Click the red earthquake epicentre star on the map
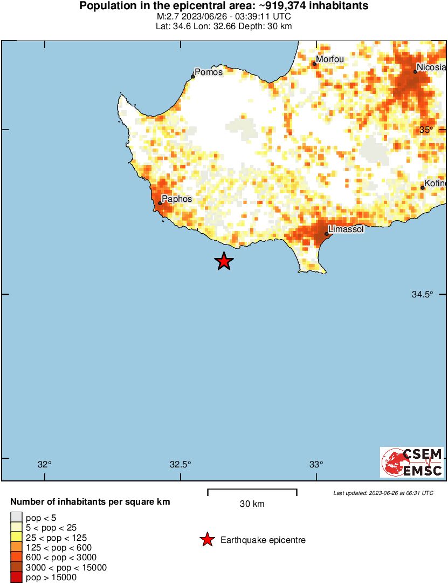coord(224,261)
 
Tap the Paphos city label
coord(177,199)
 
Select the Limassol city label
coord(346,229)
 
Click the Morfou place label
coord(330,59)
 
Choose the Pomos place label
coord(209,72)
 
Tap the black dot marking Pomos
coord(193,76)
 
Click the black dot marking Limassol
coord(327,234)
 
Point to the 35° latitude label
coord(426,130)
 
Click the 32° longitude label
coord(45,465)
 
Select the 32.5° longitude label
coord(181,465)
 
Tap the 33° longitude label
coord(316,465)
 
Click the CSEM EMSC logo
coord(412,462)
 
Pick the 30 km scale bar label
coord(252,504)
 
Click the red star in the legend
coord(206,540)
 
